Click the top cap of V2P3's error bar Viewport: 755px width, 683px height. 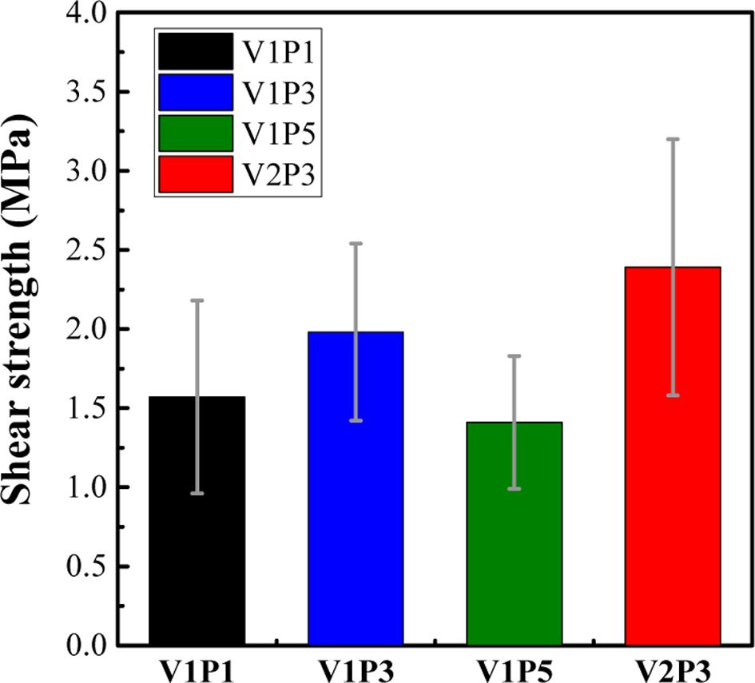(673, 139)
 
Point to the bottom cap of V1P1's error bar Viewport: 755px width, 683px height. (197, 494)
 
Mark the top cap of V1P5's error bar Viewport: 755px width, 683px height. (515, 355)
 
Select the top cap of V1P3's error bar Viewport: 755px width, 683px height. (356, 243)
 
